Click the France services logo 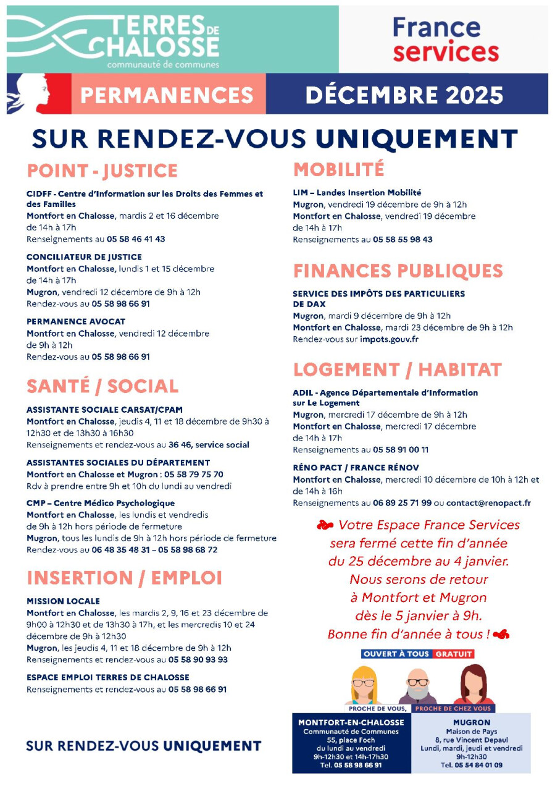(445, 40)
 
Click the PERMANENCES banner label (167, 95)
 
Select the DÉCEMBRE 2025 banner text (404, 95)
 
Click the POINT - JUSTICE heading (102, 171)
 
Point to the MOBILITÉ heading (338, 169)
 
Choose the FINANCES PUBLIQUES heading (398, 271)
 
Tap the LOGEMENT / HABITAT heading (397, 370)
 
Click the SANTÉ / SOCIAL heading (102, 386)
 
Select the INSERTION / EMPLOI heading (124, 578)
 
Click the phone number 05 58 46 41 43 (136, 239)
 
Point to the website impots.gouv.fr (390, 339)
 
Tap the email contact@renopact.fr (488, 503)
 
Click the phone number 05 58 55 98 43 (403, 239)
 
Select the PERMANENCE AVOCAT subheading (76, 321)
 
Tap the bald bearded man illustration (417, 686)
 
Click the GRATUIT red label (453, 654)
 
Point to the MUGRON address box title (471, 722)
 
